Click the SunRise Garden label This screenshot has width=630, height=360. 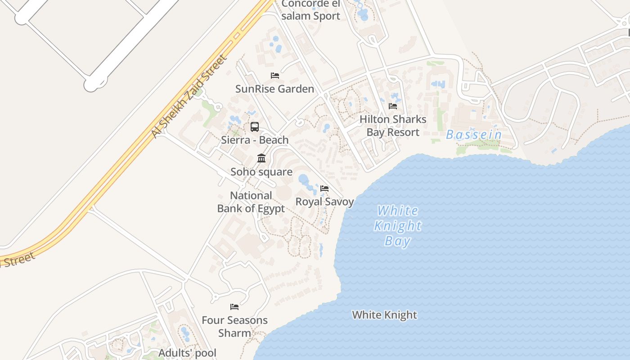click(x=274, y=89)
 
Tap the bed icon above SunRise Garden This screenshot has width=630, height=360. click(x=274, y=76)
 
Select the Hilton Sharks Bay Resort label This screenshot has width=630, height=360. click(x=393, y=126)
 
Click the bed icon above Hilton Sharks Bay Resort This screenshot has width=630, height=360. click(x=393, y=106)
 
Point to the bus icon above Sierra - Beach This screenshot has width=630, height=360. click(x=255, y=127)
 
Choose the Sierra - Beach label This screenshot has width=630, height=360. click(x=255, y=140)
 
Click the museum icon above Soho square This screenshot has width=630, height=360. click(x=261, y=158)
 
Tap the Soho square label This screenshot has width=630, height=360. click(x=261, y=171)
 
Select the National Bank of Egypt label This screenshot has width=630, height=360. click(x=251, y=202)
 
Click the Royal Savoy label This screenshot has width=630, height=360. click(x=324, y=202)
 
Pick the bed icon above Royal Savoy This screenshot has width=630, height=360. click(x=324, y=188)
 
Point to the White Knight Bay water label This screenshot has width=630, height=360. click(x=398, y=226)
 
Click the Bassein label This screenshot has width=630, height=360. click(x=474, y=135)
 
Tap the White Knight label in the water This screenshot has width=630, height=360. click(x=384, y=315)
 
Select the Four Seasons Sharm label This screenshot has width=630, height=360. click(x=234, y=327)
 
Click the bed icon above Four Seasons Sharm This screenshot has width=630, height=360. click(x=234, y=307)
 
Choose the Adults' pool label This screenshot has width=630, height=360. click(x=187, y=353)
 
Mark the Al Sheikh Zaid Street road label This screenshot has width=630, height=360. click(x=189, y=96)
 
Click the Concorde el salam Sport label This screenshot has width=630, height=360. click(x=310, y=10)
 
